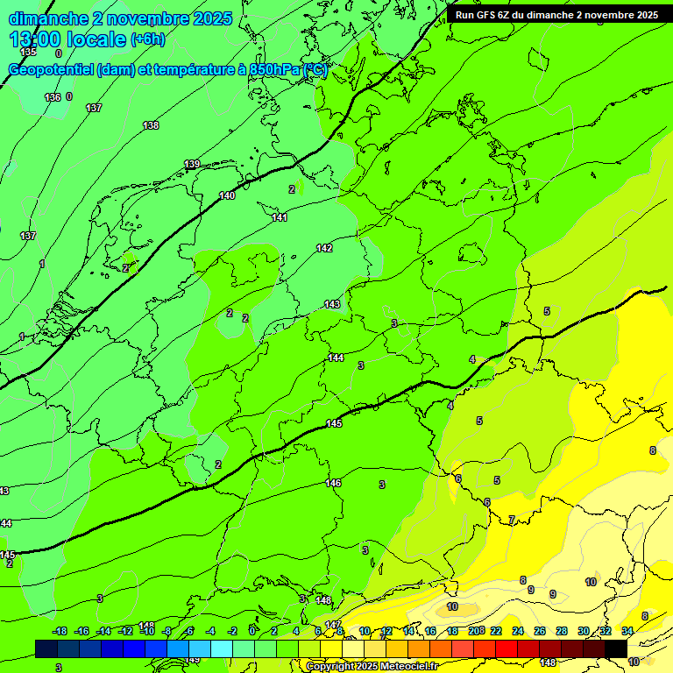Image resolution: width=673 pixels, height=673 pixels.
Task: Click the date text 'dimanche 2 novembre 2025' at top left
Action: [x=121, y=18]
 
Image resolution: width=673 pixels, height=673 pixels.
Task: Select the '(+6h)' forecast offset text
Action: [x=146, y=40]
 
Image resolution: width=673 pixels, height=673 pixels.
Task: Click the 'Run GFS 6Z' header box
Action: [x=556, y=15]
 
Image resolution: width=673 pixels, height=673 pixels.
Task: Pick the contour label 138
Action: [x=151, y=125]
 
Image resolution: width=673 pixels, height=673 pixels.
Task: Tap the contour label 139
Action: [x=192, y=164]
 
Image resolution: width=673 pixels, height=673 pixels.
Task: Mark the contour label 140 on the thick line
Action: [x=227, y=195]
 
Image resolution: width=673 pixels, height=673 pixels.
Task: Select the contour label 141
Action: [x=280, y=217]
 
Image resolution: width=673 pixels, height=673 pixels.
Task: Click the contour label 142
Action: [x=324, y=248]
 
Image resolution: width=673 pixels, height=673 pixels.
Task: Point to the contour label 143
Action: [x=332, y=304]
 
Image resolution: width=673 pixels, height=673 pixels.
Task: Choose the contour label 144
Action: [x=336, y=358]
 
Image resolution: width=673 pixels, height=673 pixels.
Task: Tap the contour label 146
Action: [x=333, y=483]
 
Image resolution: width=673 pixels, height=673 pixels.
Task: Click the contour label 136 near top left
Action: [x=53, y=97]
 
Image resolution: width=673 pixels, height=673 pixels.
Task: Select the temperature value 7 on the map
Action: [x=512, y=520]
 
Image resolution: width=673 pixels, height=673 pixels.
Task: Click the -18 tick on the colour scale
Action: [x=60, y=631]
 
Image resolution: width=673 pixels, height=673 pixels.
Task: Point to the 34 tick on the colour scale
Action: [x=627, y=631]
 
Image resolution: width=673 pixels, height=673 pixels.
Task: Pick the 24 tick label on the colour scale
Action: [x=518, y=631]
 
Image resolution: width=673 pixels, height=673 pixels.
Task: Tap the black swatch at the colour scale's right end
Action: [x=616, y=648]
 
